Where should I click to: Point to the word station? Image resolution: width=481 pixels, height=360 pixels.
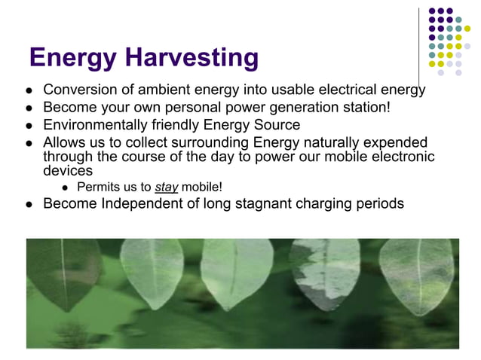coord(365,108)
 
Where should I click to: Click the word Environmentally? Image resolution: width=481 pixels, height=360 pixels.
coord(93,125)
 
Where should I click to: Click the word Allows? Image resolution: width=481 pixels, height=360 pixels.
coord(63,143)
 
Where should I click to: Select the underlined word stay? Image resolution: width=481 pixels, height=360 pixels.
coord(166,187)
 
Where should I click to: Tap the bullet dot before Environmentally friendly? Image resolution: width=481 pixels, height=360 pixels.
coord(28,126)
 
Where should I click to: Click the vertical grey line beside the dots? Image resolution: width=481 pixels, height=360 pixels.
coord(421,38)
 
